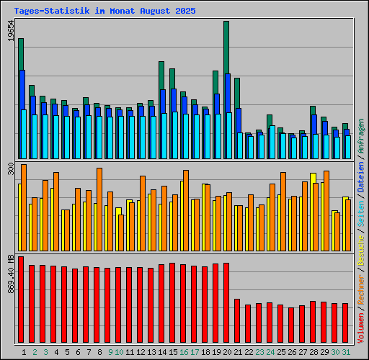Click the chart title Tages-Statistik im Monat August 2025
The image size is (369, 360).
105,12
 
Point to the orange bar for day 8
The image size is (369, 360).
99,209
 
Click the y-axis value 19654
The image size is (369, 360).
10,32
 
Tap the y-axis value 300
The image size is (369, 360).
10,168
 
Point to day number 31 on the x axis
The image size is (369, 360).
346,352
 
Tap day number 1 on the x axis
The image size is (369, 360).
25,352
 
